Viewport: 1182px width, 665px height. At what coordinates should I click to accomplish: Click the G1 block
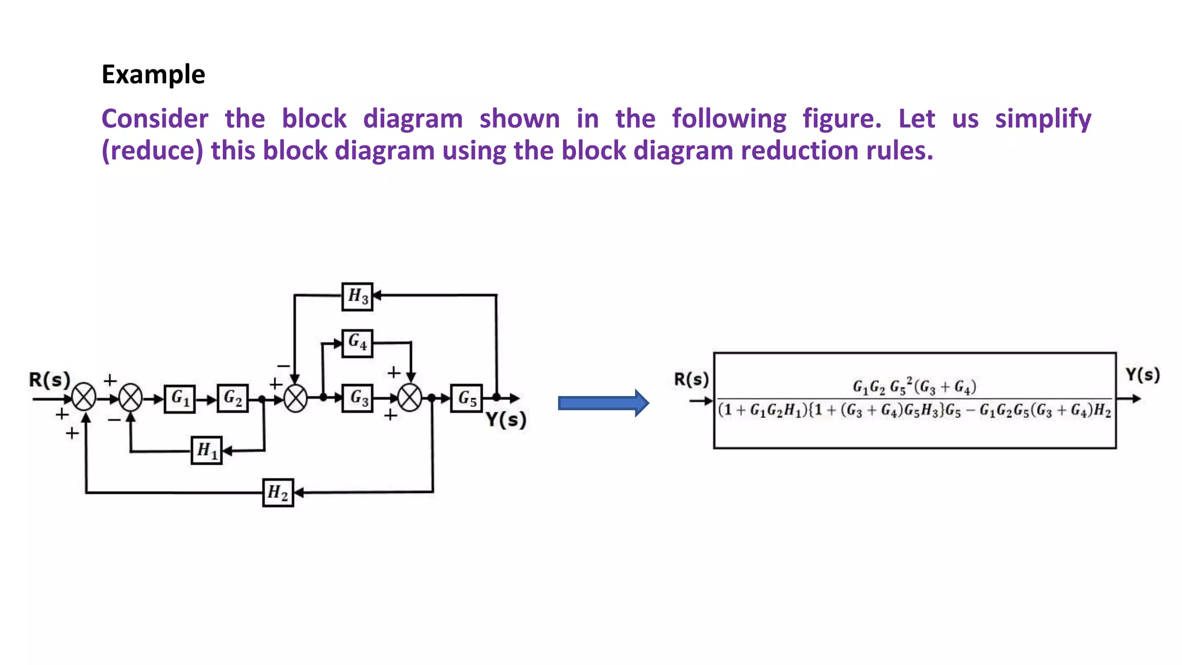pyautogui.click(x=179, y=398)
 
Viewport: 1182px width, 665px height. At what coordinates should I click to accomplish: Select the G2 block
pyautogui.click(x=233, y=398)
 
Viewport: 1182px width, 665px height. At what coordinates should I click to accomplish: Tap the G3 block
pyautogui.click(x=357, y=398)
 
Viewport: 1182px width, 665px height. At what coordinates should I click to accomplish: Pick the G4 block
pyautogui.click(x=357, y=343)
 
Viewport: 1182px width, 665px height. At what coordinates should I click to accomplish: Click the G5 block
pyautogui.click(x=466, y=398)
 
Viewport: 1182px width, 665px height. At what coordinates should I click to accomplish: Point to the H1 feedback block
pyautogui.click(x=207, y=450)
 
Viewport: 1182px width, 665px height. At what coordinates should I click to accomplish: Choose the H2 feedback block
pyautogui.click(x=278, y=492)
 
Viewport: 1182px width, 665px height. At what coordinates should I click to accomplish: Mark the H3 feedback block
pyautogui.click(x=357, y=296)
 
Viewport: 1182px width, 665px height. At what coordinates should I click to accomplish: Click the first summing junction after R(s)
pyautogui.click(x=84, y=398)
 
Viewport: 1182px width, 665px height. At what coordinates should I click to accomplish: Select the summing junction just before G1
pyautogui.click(x=130, y=398)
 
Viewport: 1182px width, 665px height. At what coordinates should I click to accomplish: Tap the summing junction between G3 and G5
pyautogui.click(x=410, y=398)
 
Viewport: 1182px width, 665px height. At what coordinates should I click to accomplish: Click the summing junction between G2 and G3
pyautogui.click(x=295, y=398)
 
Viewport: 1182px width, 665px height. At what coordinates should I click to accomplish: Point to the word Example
pyautogui.click(x=153, y=74)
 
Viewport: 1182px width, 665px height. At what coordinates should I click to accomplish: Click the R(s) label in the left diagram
pyautogui.click(x=50, y=380)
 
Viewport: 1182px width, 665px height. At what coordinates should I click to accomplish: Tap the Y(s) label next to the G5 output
pyautogui.click(x=506, y=420)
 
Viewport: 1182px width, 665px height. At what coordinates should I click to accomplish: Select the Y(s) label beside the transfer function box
pyautogui.click(x=1142, y=375)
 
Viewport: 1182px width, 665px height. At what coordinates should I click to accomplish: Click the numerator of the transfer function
pyautogui.click(x=914, y=386)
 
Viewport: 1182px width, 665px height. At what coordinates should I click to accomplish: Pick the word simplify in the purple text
pyautogui.click(x=1043, y=119)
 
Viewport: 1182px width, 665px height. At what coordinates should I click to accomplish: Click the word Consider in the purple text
pyautogui.click(x=155, y=119)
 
